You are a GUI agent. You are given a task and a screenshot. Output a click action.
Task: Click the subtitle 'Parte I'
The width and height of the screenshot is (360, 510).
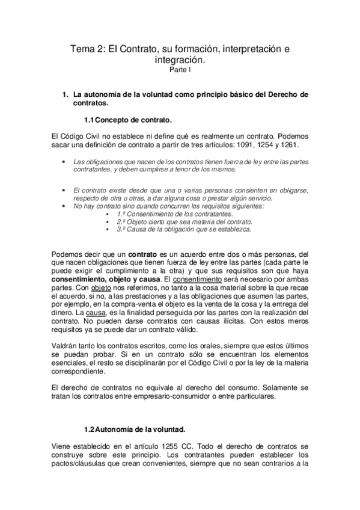[x=180, y=70]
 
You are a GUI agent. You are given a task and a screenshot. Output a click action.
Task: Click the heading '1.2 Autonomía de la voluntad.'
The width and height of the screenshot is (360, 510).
[x=135, y=429]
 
